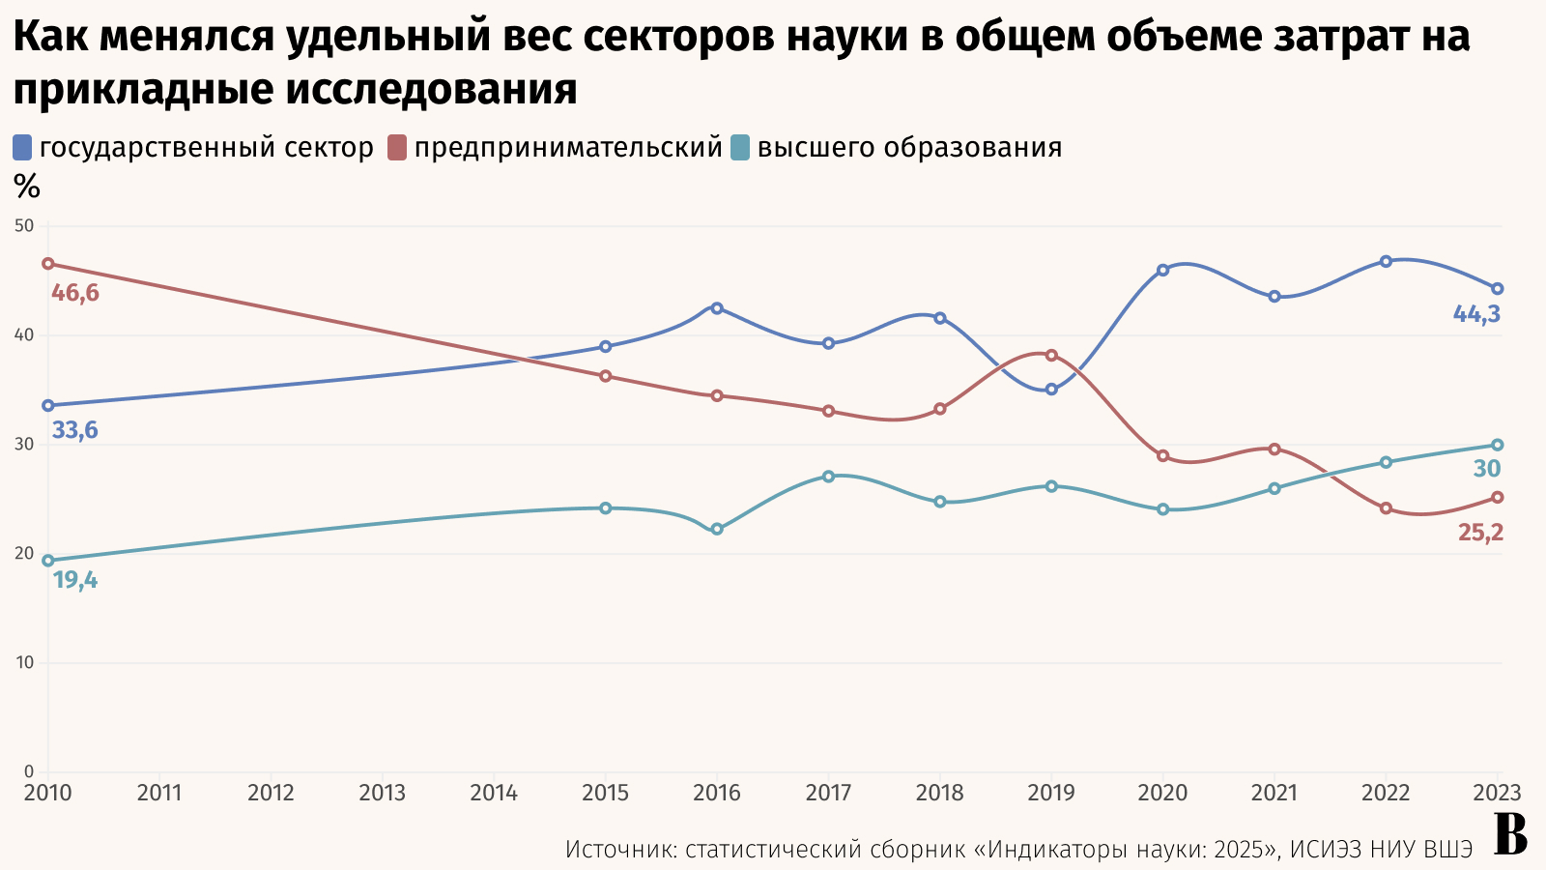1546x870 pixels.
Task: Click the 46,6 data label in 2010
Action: tap(74, 293)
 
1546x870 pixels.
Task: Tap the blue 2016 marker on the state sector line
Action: tap(717, 308)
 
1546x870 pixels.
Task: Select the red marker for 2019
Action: tap(1051, 356)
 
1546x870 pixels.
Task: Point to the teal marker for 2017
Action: tap(828, 477)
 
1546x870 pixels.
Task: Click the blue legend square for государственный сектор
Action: tap(23, 148)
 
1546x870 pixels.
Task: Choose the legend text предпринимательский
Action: tap(568, 148)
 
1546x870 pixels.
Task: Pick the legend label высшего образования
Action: tap(909, 148)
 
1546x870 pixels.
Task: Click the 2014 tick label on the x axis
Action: tap(494, 794)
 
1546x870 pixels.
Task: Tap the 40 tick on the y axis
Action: tap(23, 335)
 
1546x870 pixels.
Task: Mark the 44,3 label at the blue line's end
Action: tap(1476, 314)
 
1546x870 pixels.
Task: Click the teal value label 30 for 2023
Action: tap(1487, 470)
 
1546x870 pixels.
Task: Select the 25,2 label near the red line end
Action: tap(1480, 533)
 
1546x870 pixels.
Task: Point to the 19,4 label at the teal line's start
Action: tap(74, 581)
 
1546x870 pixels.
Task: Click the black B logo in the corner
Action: tap(1510, 835)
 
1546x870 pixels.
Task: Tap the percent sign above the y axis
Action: tap(27, 187)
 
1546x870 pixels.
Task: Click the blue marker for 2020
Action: tap(1163, 271)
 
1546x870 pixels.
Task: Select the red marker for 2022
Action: tap(1386, 508)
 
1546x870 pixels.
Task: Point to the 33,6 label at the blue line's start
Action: tap(74, 431)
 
